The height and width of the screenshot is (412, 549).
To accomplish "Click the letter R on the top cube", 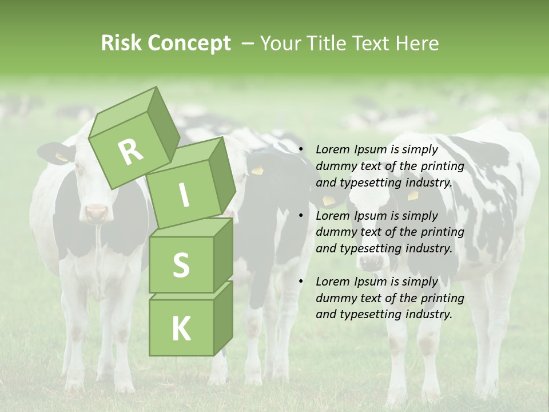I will tap(131, 151).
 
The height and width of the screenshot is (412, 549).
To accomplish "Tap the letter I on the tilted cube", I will tap(184, 195).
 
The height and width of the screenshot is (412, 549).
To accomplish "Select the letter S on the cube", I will tap(181, 265).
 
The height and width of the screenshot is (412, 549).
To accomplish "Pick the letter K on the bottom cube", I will tap(181, 328).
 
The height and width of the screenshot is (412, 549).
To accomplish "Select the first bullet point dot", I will tap(301, 150).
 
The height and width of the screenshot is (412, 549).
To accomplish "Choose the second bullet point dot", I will tap(301, 216).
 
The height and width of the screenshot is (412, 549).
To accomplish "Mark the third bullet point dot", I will tap(301, 282).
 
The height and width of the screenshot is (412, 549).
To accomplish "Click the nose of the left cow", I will tap(96, 213).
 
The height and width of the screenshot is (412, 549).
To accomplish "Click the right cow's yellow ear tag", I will tap(412, 195).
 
